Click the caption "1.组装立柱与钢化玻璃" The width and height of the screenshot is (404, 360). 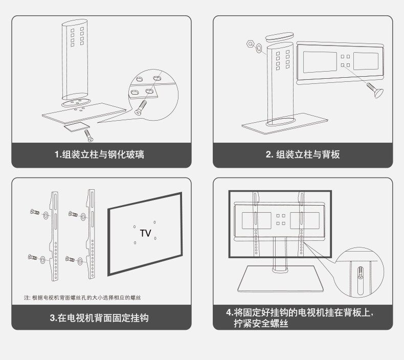tap(99, 154)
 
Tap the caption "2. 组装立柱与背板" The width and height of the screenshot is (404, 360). tap(303, 154)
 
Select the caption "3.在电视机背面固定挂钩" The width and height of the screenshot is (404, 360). tap(99, 318)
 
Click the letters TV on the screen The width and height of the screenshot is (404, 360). tap(145, 233)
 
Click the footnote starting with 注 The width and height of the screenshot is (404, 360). tap(83, 297)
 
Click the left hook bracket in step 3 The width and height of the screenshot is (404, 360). tap(55, 235)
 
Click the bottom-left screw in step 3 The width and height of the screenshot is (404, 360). tap(32, 257)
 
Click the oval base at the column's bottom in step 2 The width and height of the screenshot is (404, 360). tap(279, 121)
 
